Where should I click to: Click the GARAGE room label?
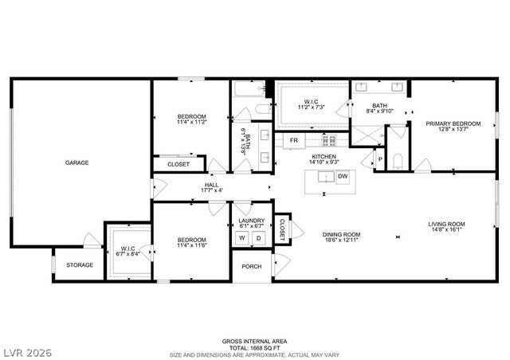tap(77, 163)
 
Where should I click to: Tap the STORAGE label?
tap(80, 265)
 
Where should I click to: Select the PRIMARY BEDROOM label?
tap(453, 123)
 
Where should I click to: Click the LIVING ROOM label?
tap(447, 224)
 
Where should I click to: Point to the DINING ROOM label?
tap(342, 234)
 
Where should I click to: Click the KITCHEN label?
tap(324, 157)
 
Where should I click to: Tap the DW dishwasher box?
tap(343, 177)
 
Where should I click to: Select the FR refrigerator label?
tap(294, 140)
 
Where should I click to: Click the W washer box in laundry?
tap(242, 238)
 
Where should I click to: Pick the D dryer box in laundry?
tap(257, 238)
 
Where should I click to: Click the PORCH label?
tap(252, 266)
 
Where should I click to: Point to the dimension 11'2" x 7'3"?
tap(312, 106)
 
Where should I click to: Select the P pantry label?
tap(379, 158)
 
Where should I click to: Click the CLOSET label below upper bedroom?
tap(178, 164)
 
